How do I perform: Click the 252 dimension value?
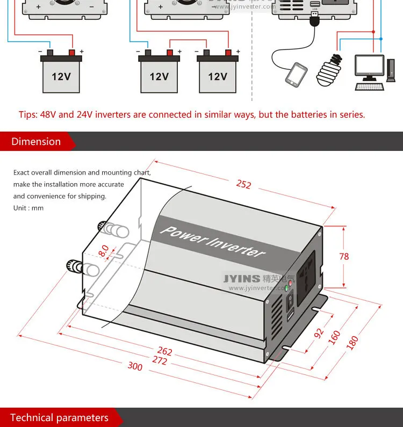pos(243,184)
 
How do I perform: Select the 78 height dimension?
pos(344,256)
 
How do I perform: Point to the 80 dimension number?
pos(104,251)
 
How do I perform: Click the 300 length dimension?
pos(135,366)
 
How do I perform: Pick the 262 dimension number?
pos(165,351)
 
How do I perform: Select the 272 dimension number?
pos(160,360)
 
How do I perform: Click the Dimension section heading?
pos(36,142)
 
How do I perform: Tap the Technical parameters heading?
pos(59,418)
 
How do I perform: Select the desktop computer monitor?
pos(369,67)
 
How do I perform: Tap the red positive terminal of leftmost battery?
pos(72,53)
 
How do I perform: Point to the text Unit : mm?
pos(28,208)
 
